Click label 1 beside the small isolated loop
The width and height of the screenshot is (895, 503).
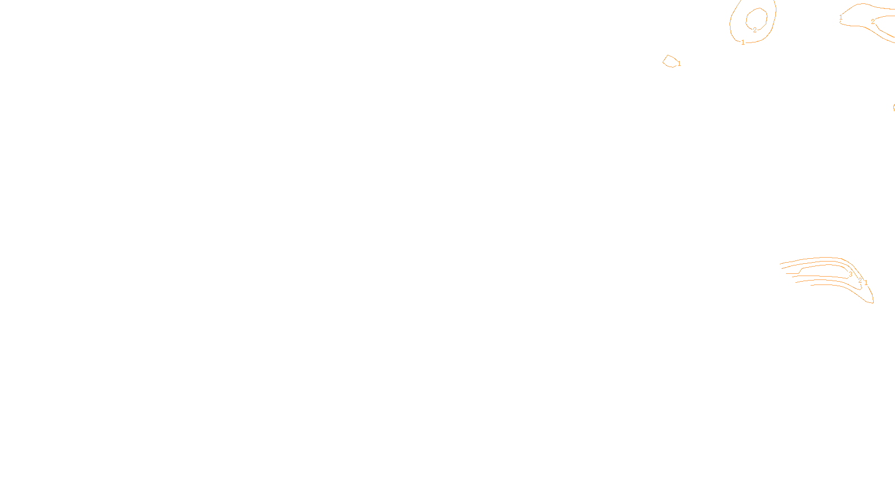click(x=679, y=64)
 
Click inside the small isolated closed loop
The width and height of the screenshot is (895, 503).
click(x=670, y=61)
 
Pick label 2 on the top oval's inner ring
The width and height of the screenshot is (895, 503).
click(x=755, y=30)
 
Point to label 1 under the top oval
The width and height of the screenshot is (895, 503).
click(x=743, y=42)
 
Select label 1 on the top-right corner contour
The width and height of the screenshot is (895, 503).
click(x=841, y=18)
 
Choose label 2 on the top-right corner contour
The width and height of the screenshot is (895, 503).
click(x=873, y=22)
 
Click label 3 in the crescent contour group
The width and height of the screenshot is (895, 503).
click(x=850, y=274)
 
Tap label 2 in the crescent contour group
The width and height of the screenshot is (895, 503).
click(x=860, y=280)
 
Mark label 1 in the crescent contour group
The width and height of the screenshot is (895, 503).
click(x=866, y=283)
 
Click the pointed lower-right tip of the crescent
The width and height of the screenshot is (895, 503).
click(x=873, y=302)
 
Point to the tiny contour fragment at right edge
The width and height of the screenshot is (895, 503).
click(x=893, y=107)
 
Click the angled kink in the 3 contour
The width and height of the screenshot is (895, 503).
click(x=802, y=269)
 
